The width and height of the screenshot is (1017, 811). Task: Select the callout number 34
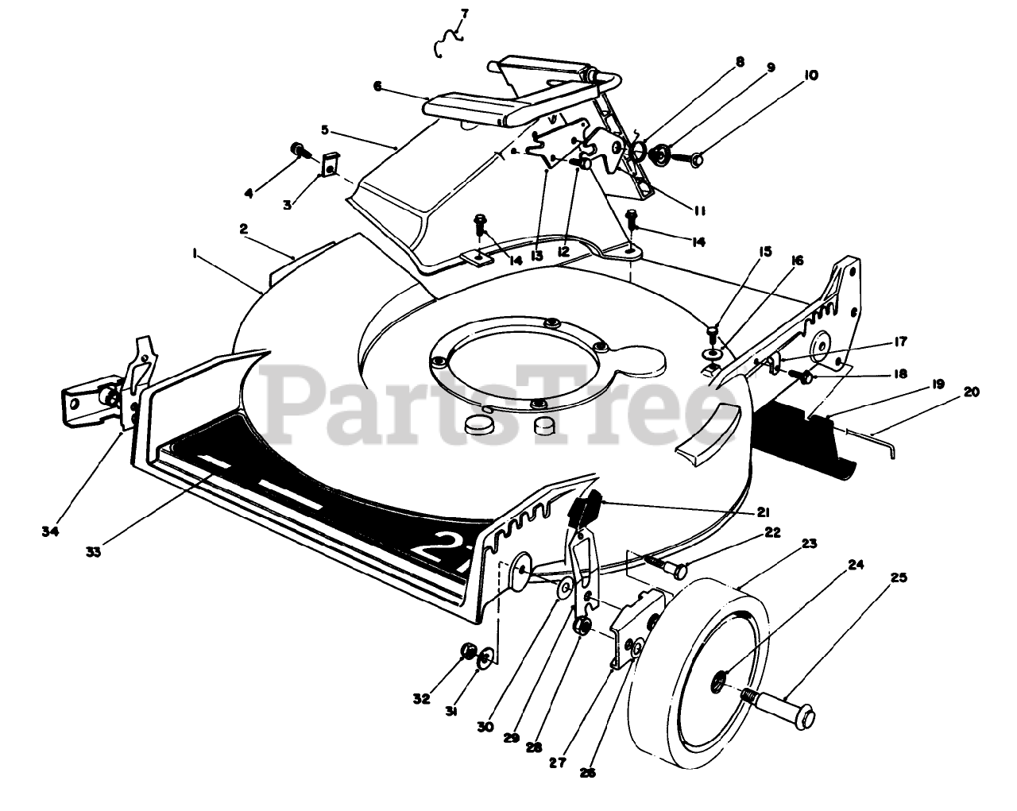pyautogui.click(x=50, y=531)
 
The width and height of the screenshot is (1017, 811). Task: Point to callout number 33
pyautogui.click(x=95, y=552)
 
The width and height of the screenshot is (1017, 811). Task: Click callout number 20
pyautogui.click(x=973, y=391)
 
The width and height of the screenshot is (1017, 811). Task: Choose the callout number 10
pyautogui.click(x=810, y=75)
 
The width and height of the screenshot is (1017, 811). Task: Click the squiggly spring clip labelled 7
pyautogui.click(x=450, y=41)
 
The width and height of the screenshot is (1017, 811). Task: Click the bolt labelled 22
pyautogui.click(x=667, y=566)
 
